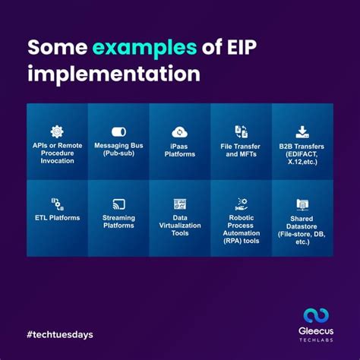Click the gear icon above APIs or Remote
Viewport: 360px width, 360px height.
click(57, 131)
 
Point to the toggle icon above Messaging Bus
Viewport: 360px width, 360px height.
click(118, 132)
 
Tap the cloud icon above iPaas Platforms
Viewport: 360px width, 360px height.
click(180, 132)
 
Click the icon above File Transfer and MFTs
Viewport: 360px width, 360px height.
click(241, 131)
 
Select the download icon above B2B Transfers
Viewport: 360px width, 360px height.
click(302, 131)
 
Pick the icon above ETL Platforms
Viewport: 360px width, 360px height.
click(57, 204)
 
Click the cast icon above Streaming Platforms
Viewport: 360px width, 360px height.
click(118, 204)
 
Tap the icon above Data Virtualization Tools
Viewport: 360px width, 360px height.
click(180, 204)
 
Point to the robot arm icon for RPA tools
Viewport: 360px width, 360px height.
click(241, 203)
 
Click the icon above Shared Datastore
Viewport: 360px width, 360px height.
click(302, 204)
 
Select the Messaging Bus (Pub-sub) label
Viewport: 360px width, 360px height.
click(118, 149)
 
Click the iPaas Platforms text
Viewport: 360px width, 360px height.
click(180, 150)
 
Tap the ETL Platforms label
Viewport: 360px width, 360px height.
click(57, 218)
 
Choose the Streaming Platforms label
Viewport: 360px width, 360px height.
click(118, 222)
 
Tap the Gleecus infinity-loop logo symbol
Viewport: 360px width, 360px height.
click(315, 316)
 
